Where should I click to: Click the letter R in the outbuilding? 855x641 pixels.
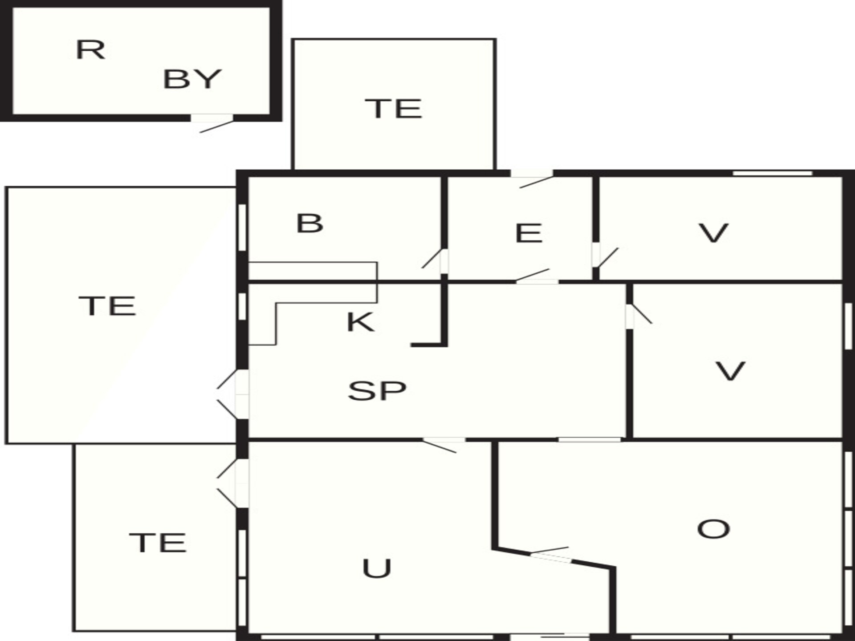pos(90,49)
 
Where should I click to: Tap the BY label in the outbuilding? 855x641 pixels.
pos(192,79)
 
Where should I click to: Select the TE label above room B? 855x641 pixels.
pos(393,109)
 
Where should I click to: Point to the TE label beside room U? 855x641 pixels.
pos(158,543)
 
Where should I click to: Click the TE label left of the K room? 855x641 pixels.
pos(107,306)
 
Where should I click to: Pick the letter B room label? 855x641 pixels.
pos(309,223)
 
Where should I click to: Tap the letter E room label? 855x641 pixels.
pos(529,233)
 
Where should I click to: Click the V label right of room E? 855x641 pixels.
pos(713,233)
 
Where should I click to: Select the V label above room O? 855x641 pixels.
pos(730,371)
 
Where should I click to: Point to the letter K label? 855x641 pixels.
pos(361,322)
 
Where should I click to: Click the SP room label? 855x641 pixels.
pos(377,391)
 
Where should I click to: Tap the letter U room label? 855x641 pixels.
pos(377,568)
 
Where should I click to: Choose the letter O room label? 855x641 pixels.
pos(713,529)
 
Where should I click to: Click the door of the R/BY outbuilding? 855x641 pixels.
pos(212,122)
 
